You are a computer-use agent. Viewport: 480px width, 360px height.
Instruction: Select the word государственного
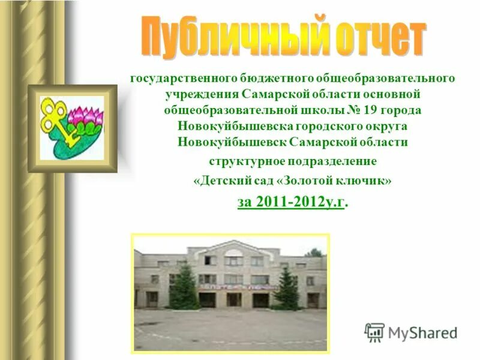pyautogui.click(x=182, y=79)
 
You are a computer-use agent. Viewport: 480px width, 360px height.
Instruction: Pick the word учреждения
pyautogui.click(x=203, y=95)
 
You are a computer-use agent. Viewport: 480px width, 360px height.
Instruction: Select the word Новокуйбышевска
pyautogui.click(x=234, y=127)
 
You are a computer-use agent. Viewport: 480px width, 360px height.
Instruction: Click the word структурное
pyautogui.click(x=240, y=161)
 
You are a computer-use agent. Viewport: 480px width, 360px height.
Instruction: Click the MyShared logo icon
pyautogui.click(x=375, y=332)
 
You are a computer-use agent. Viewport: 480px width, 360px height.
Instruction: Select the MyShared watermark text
pyautogui.click(x=423, y=332)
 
